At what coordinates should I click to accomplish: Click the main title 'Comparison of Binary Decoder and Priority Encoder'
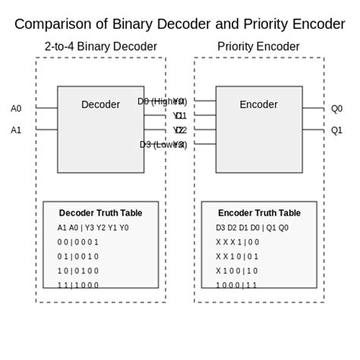coord(180,24)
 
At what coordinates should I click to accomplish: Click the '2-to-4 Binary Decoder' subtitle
coord(100,47)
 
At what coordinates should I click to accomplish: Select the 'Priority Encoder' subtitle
coord(258,47)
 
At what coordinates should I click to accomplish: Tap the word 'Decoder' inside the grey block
coord(100,104)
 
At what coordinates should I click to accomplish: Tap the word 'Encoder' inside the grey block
coord(258,104)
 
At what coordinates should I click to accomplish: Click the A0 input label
coord(16,109)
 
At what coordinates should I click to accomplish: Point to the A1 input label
coord(16,130)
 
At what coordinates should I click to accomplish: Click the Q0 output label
coord(336,109)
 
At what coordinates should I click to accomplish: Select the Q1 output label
coord(336,130)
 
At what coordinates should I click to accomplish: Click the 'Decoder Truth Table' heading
coord(100,213)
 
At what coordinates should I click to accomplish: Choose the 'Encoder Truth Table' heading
coord(259,213)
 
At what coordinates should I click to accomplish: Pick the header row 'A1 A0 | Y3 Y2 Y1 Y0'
coord(93,228)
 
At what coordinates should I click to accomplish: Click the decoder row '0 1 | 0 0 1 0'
coord(77,257)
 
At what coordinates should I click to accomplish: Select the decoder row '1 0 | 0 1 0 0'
coord(77,271)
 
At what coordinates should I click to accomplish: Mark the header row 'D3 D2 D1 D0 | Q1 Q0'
coord(251,228)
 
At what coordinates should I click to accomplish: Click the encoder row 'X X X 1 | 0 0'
coord(237,242)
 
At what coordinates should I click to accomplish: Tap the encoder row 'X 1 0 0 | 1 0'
coord(236,271)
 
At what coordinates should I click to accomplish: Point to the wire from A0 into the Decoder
coord(46,108)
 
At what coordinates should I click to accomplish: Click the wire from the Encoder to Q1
coord(313,129)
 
